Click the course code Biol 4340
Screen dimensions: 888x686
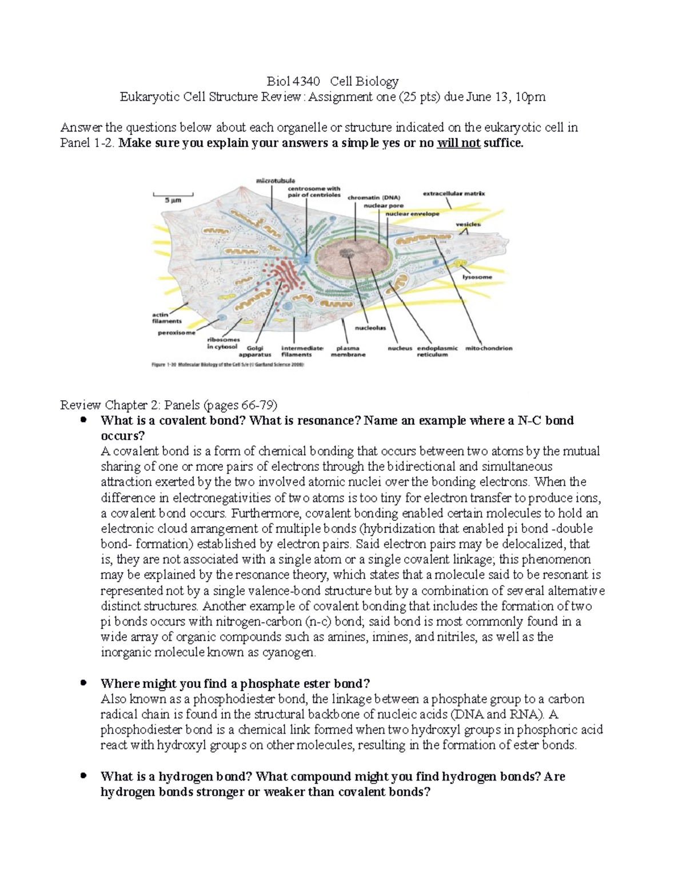coord(293,81)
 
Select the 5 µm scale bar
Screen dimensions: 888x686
coord(173,198)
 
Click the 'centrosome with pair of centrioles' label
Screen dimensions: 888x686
coord(314,192)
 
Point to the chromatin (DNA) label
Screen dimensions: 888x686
coord(374,198)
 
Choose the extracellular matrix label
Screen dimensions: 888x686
coord(453,193)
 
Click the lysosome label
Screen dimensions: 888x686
coord(477,277)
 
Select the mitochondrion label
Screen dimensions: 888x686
coord(489,348)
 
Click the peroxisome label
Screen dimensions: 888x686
coord(176,333)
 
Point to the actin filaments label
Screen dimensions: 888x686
coord(166,318)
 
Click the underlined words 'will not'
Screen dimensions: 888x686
coord(458,143)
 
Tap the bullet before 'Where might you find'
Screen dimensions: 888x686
coord(84,683)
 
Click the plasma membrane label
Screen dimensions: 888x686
coord(348,351)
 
